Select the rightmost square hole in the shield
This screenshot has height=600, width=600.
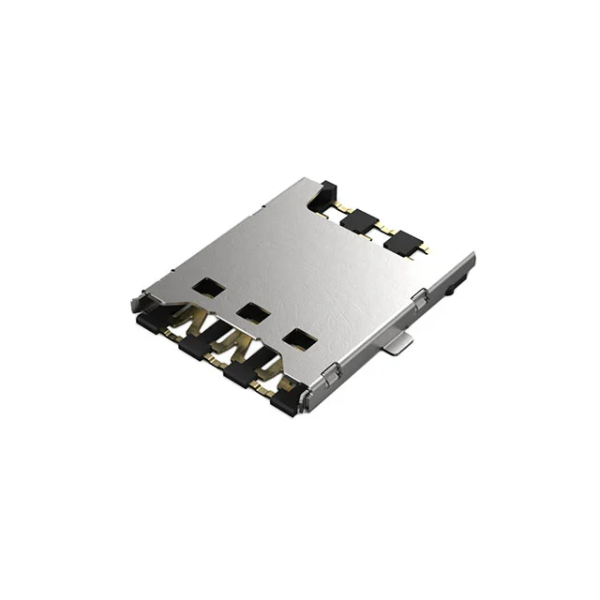coord(300,339)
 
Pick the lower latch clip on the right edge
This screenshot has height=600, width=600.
coord(331,376)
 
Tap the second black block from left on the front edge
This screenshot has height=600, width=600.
coord(196,349)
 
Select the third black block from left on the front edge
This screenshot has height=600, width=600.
coord(241,375)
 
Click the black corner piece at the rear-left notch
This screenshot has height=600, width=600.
coord(324,195)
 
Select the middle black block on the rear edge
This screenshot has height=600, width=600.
coord(358,221)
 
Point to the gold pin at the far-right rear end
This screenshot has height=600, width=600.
coord(424,249)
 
